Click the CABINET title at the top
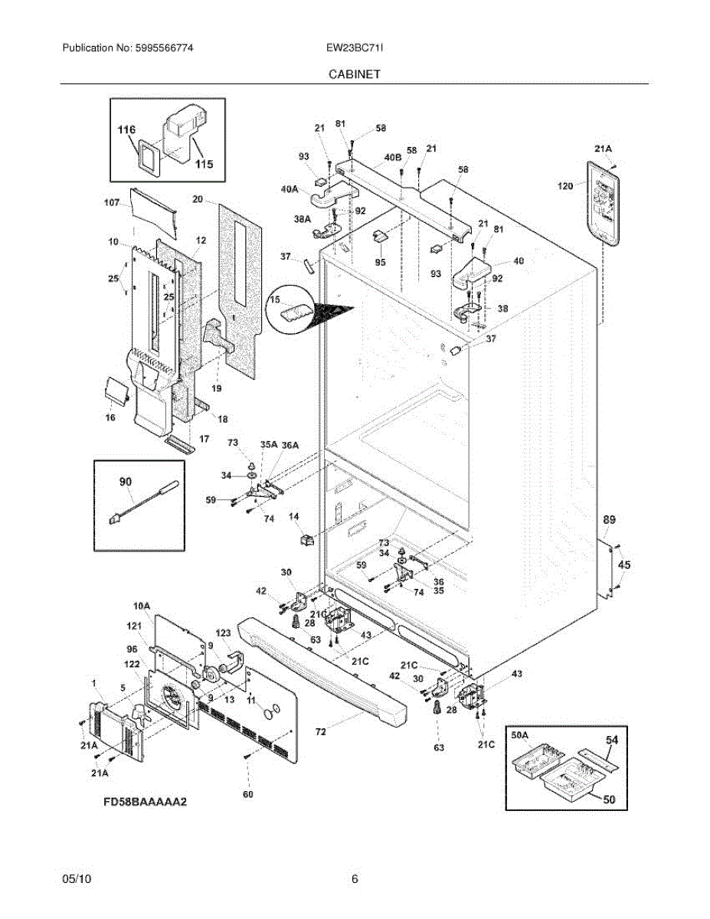tap(355, 74)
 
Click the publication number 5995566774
tap(165, 47)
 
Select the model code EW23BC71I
tap(355, 47)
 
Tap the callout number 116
tap(126, 129)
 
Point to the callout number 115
tap(204, 164)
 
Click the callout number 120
tap(565, 185)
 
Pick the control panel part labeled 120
tap(603, 204)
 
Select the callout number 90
tap(126, 481)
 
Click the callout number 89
tap(609, 519)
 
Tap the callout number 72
tap(321, 731)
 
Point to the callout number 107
tap(112, 203)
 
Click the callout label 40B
tap(392, 157)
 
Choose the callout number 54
tap(612, 740)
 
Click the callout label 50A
tap(520, 735)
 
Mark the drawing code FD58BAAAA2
tap(145, 801)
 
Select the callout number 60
tap(248, 794)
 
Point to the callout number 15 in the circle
tap(275, 299)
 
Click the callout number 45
tap(624, 564)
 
